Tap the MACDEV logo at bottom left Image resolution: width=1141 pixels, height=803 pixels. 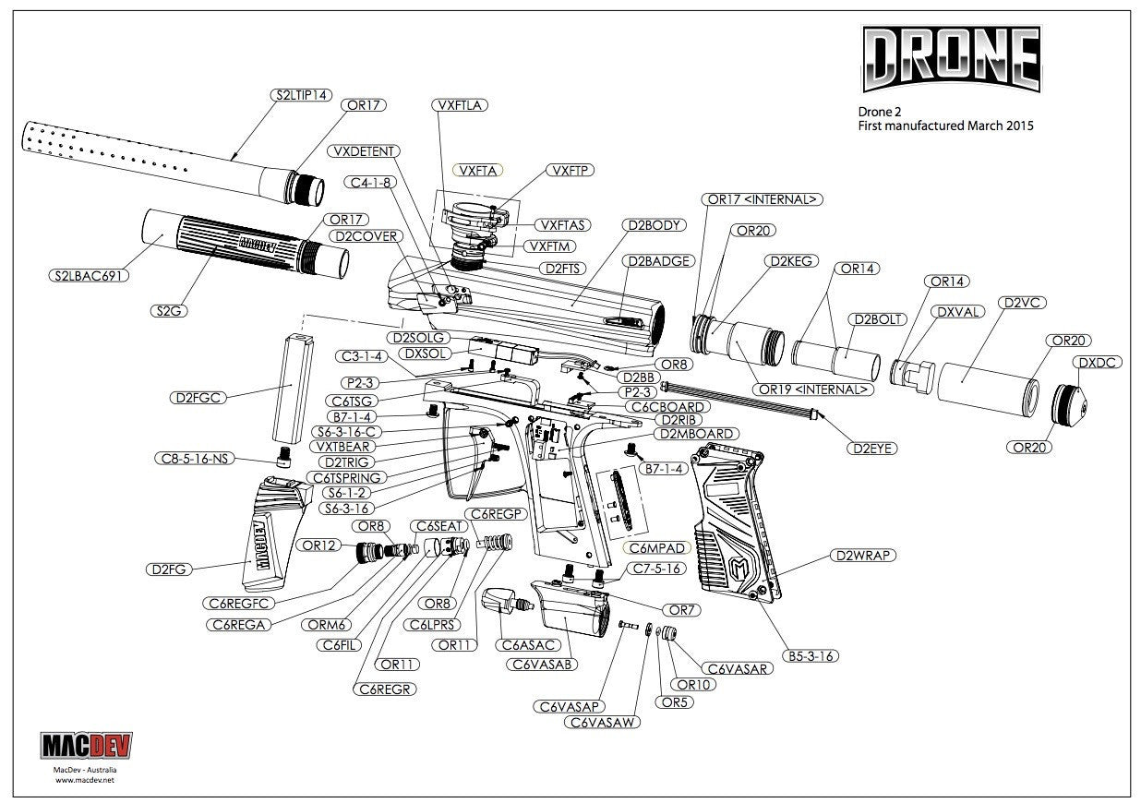(86, 747)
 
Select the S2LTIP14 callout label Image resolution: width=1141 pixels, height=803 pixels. (298, 94)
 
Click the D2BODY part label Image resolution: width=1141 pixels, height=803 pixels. (654, 224)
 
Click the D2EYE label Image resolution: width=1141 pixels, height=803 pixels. (872, 449)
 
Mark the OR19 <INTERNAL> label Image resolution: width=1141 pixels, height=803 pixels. (813, 389)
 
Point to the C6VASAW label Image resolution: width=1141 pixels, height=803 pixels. (603, 723)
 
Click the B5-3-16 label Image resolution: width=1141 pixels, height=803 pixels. (811, 656)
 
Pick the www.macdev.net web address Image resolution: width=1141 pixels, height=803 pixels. (85, 779)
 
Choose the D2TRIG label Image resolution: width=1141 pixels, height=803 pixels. (343, 461)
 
